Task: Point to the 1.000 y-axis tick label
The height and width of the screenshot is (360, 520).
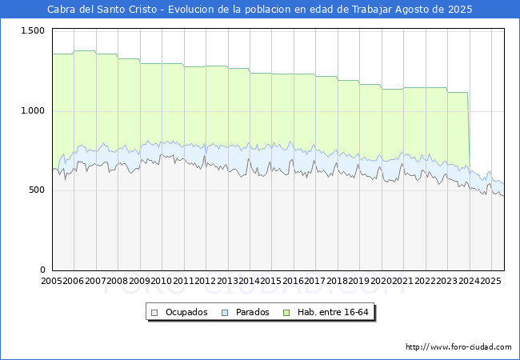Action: (32, 110)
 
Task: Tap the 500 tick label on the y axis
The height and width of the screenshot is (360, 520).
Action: (36, 190)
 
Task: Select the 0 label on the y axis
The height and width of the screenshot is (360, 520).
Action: (42, 270)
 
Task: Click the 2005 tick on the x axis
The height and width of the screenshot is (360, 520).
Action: (52, 281)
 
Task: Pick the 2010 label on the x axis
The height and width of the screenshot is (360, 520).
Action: (162, 281)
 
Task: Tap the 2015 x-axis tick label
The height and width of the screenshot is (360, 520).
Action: (272, 281)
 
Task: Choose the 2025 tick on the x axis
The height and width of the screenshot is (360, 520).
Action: (490, 281)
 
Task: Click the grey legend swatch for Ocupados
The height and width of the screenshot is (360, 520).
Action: (155, 312)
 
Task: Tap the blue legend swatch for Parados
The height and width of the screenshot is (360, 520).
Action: (226, 312)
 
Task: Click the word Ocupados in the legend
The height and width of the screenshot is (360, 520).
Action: (186, 312)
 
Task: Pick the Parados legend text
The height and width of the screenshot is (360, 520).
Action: (252, 312)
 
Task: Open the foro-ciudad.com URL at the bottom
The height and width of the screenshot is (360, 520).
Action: (458, 347)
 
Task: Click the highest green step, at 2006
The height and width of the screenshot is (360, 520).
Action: (85, 51)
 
